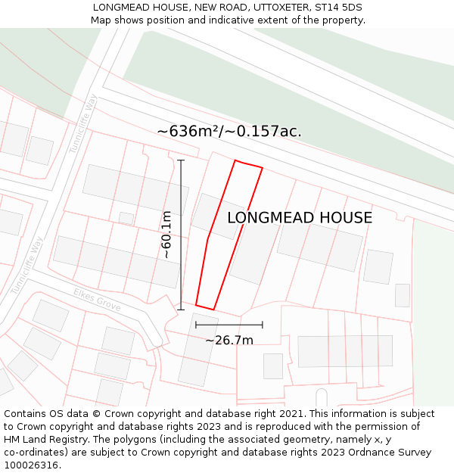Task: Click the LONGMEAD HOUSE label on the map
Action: (300, 218)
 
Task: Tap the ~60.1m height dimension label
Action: (166, 235)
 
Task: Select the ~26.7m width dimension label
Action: (229, 341)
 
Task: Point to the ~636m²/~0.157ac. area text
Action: (229, 131)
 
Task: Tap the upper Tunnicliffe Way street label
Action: (84, 123)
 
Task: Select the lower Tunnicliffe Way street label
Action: (27, 265)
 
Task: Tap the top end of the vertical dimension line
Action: (181, 160)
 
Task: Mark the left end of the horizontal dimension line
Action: (196, 325)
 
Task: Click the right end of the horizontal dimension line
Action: (263, 325)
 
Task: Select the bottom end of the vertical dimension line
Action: (181, 309)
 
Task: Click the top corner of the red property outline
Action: (235, 160)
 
